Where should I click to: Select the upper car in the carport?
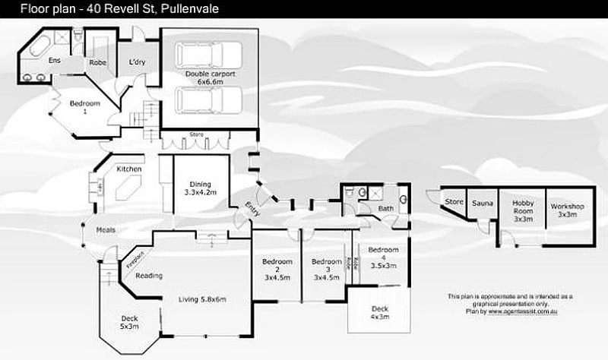tap(208, 55)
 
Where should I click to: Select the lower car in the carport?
tap(208, 99)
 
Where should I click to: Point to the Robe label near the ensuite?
tap(97, 63)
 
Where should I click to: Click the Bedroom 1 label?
tap(84, 107)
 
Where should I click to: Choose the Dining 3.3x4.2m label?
tap(201, 188)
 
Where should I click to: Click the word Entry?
tap(252, 209)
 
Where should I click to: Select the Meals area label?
tap(105, 230)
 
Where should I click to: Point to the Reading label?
tap(150, 276)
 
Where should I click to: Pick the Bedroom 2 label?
tap(277, 269)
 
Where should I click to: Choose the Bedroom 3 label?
tap(326, 269)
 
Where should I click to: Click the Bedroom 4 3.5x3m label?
tap(382, 257)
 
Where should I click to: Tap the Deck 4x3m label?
tap(379, 313)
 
